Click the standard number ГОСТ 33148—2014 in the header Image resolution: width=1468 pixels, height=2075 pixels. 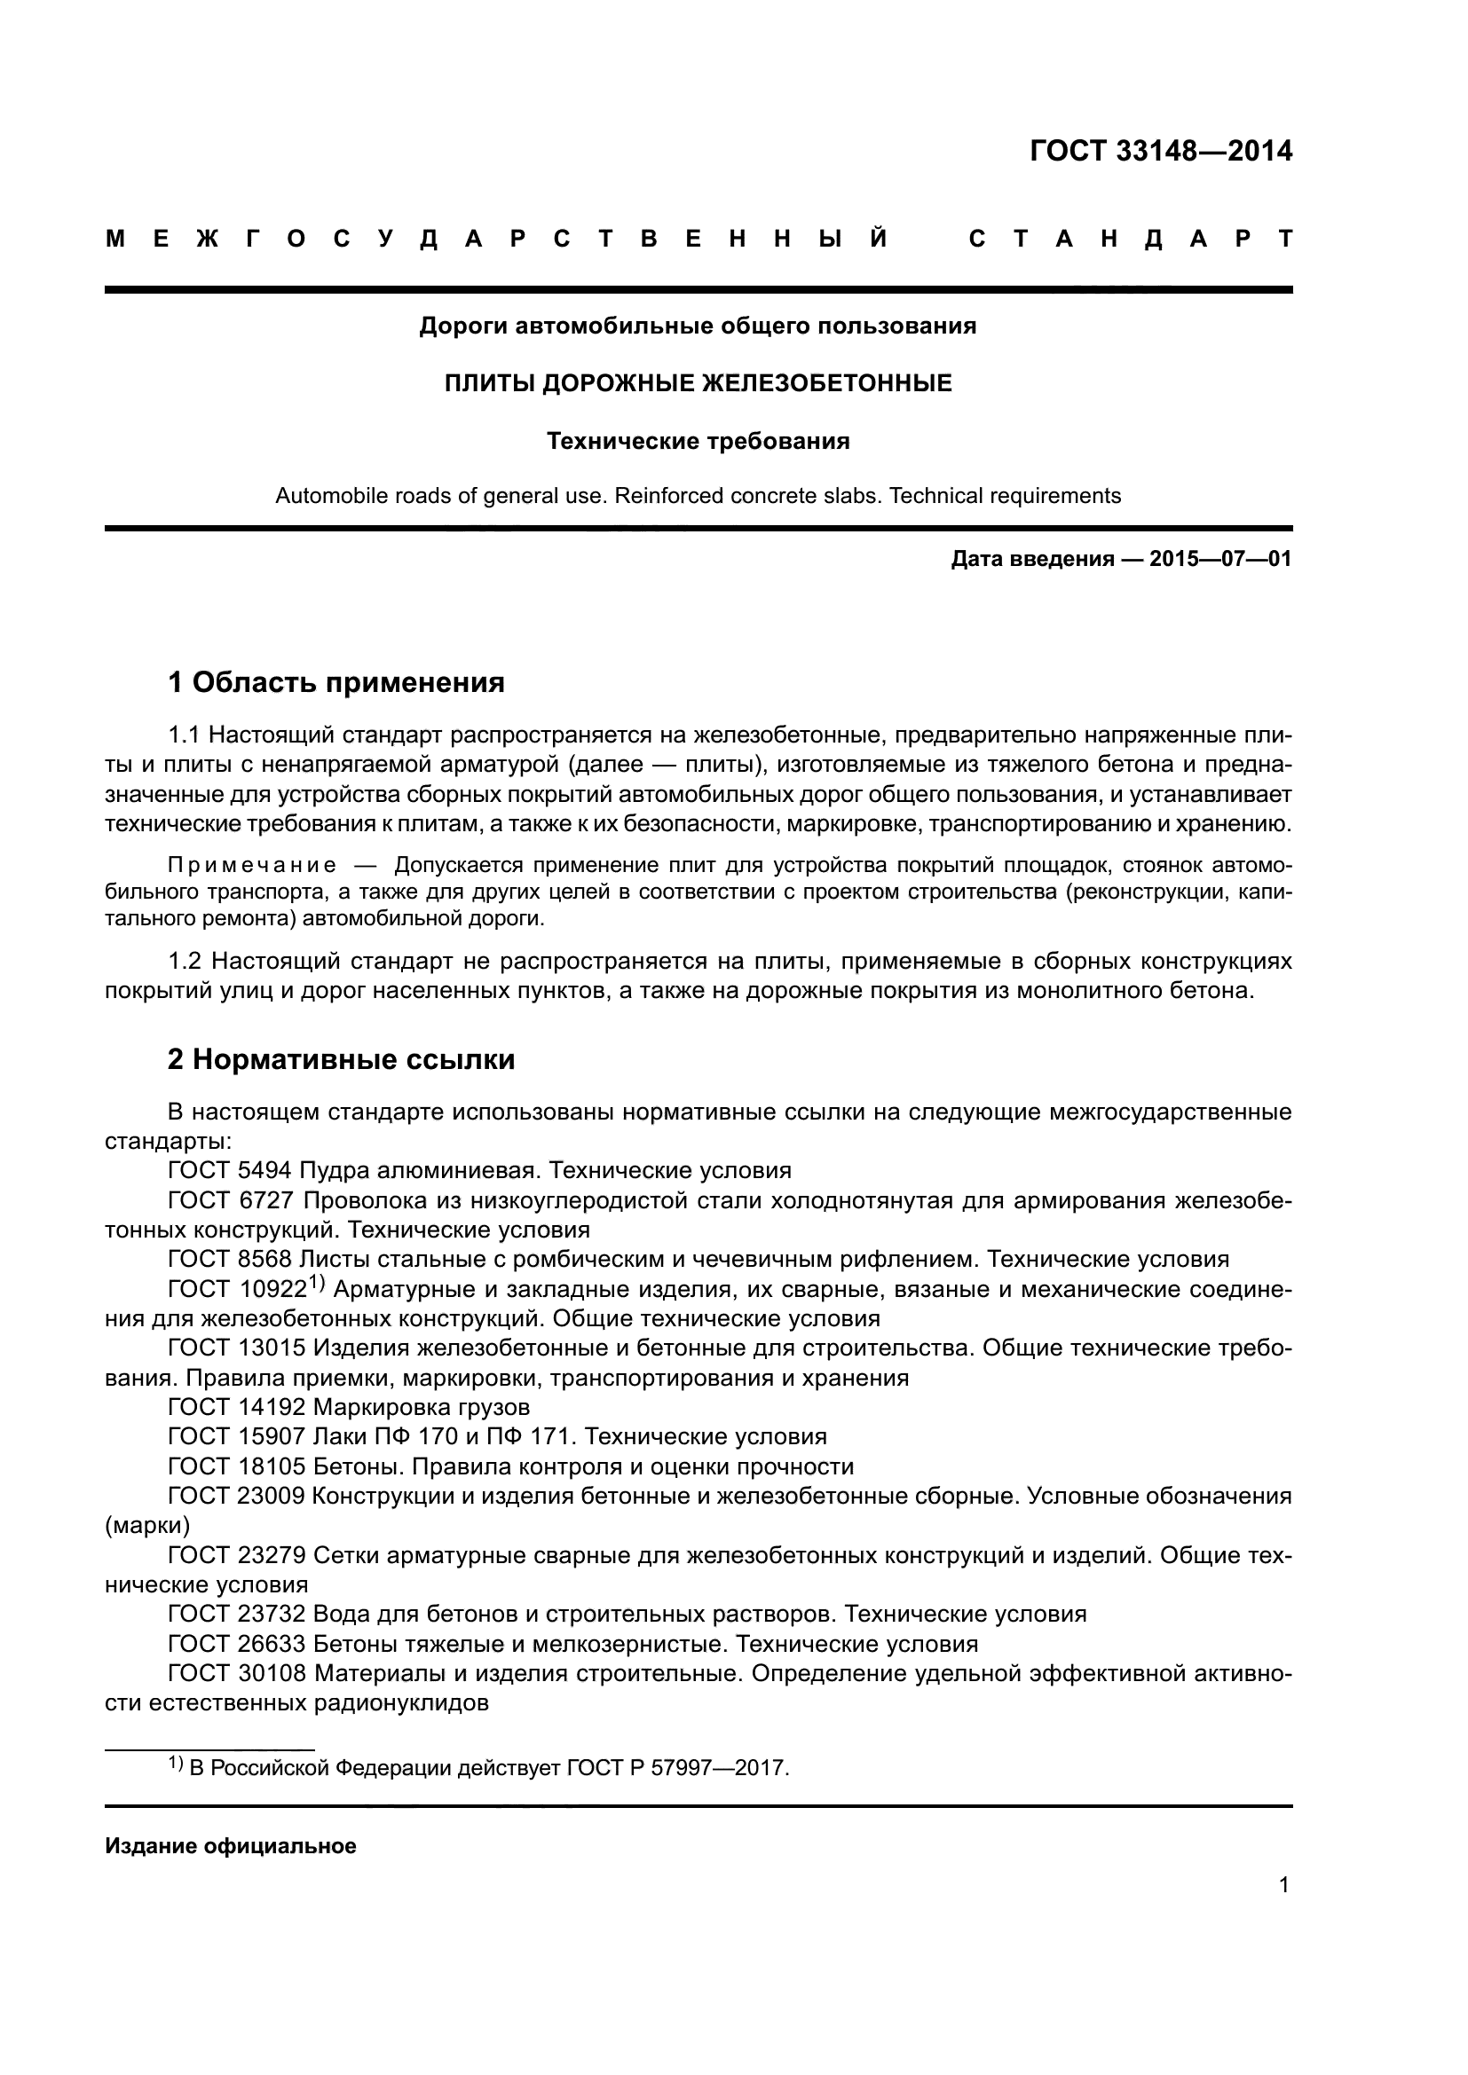point(1161,151)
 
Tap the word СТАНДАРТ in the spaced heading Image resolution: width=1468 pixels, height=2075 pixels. point(1130,240)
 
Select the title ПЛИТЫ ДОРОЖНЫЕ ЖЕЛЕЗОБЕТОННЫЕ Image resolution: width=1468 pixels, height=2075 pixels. point(698,383)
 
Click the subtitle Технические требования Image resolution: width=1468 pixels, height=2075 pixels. point(698,441)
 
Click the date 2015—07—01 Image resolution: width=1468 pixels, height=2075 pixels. point(1219,559)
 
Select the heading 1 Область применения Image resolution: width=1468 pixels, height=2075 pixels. point(336,682)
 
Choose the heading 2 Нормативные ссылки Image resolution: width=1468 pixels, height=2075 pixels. point(342,1059)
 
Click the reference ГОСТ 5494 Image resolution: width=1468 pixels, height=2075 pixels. point(230,1171)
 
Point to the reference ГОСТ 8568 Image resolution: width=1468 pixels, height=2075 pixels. point(230,1260)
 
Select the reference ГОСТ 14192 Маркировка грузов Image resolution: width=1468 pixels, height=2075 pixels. point(349,1407)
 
